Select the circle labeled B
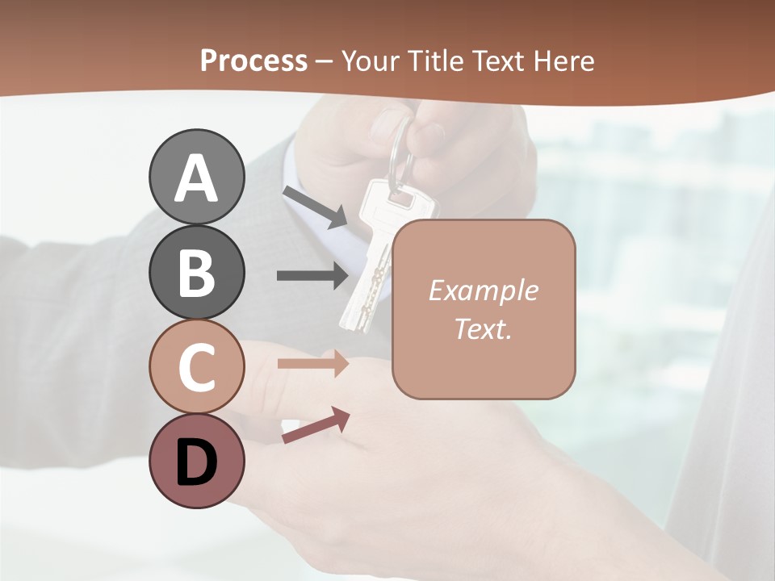(x=196, y=272)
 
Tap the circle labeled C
(x=196, y=366)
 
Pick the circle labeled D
(x=196, y=461)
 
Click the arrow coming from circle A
(x=315, y=207)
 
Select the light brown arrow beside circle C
(x=312, y=364)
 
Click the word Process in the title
(x=253, y=61)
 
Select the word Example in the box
(x=483, y=290)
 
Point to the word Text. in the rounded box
(x=483, y=328)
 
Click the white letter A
(x=196, y=178)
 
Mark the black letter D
(x=196, y=462)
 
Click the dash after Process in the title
(x=325, y=61)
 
